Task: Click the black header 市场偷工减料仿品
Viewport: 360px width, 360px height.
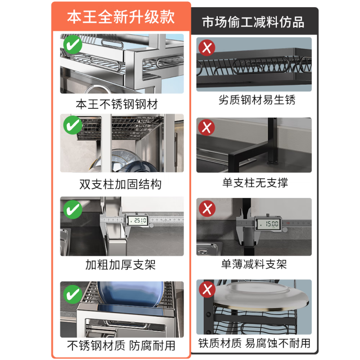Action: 253,22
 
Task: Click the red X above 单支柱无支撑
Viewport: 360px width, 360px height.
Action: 207,128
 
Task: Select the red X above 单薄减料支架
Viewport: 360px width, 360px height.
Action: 207,208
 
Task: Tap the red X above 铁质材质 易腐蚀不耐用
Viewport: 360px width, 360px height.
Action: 207,289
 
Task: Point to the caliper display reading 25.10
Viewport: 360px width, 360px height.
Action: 138,220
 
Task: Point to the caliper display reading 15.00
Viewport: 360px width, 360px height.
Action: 269,223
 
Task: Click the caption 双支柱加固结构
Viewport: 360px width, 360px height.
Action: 120,184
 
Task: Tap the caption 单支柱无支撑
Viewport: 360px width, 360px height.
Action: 255,183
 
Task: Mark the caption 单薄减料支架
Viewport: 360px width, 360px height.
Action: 254,264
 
